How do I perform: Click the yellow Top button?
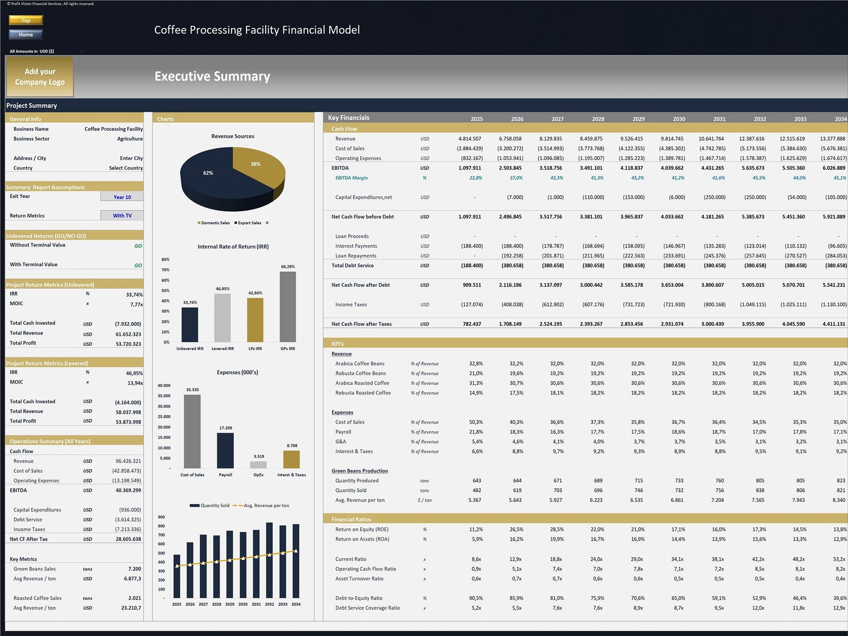pos(25,20)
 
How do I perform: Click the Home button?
pos(25,34)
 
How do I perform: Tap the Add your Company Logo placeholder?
pos(40,77)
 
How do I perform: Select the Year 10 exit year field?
pos(122,197)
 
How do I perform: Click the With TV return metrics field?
pos(122,216)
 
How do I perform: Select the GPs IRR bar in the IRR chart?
pos(288,307)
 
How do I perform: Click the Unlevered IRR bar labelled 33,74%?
pos(190,324)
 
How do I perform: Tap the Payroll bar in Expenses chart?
pos(225,450)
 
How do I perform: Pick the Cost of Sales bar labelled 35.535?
pos(192,432)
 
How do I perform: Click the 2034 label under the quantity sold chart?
pos(296,604)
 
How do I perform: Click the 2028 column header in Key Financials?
pos(598,119)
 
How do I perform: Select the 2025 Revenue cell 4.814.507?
pos(470,139)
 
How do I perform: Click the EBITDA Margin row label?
pos(351,178)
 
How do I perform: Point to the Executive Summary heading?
pos(212,76)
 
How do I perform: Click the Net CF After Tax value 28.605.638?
pos(128,539)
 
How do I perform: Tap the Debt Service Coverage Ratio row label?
pos(367,608)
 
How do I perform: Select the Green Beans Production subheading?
pos(359,471)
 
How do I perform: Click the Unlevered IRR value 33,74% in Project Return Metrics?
pos(134,295)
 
